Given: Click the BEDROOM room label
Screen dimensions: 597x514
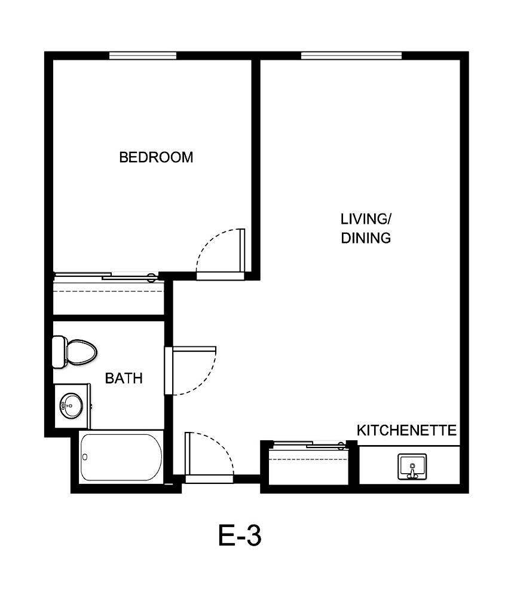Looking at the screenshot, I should click(x=156, y=157).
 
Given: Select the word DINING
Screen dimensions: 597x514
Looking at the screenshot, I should click(x=366, y=238).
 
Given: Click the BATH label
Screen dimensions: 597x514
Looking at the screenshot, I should click(x=124, y=378).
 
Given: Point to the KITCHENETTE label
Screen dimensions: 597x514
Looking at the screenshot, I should click(x=406, y=430).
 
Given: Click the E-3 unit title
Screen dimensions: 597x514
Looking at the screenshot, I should click(x=240, y=535).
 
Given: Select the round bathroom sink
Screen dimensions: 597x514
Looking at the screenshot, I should click(x=71, y=405).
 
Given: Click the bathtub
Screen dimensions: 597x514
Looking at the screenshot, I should click(x=121, y=458).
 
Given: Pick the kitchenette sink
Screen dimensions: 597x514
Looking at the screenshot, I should click(x=412, y=466).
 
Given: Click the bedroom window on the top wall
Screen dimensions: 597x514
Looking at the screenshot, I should click(x=142, y=56).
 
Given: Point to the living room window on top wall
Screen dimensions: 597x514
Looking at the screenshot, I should click(x=351, y=56).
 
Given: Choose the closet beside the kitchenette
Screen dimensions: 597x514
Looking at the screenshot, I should click(x=308, y=466).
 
